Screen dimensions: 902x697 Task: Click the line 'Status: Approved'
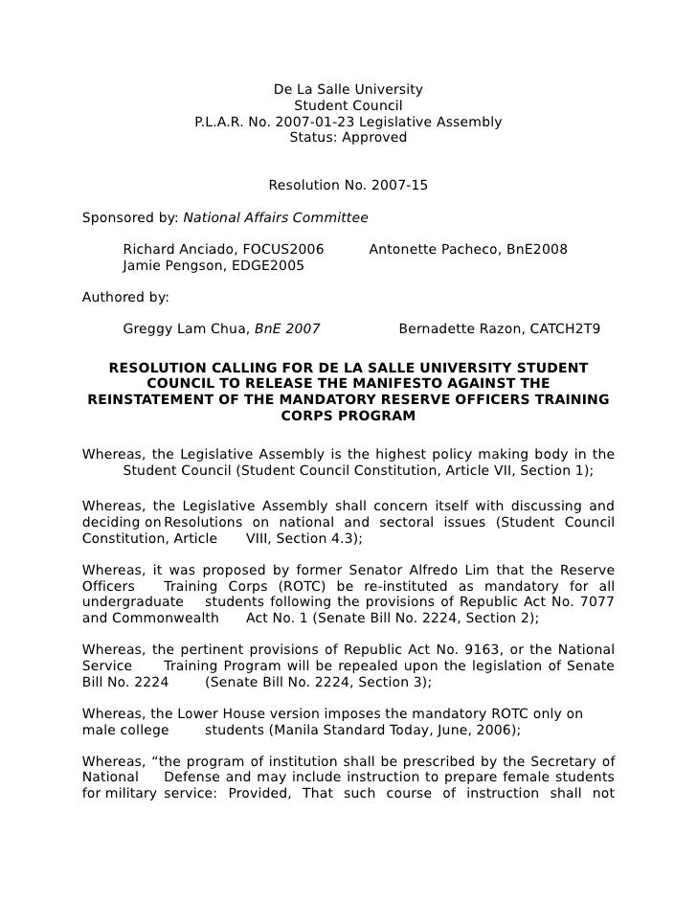pos(348,138)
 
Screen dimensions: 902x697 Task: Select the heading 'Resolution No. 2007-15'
pos(348,185)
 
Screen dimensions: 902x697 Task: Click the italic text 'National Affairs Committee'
pos(275,216)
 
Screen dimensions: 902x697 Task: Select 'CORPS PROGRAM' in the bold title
pos(348,417)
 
